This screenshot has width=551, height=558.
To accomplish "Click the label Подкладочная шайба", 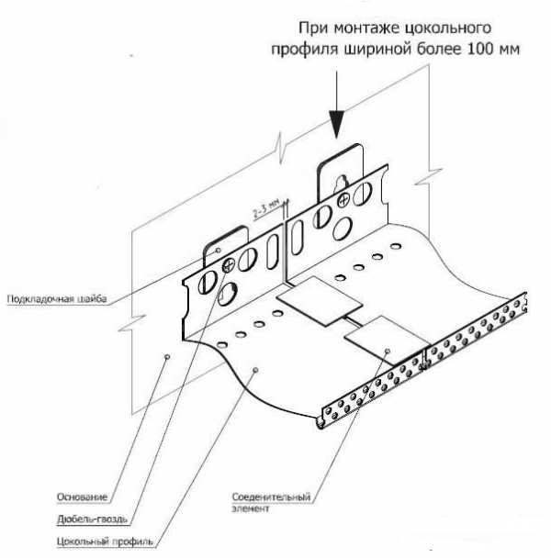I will point(57,298).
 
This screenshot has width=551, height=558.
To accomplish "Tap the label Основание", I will point(82,497).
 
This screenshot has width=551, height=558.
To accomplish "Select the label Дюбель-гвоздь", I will point(86,519).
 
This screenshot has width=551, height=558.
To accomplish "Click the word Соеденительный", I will point(273,497).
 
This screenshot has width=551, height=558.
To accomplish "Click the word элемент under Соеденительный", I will point(253,508).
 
